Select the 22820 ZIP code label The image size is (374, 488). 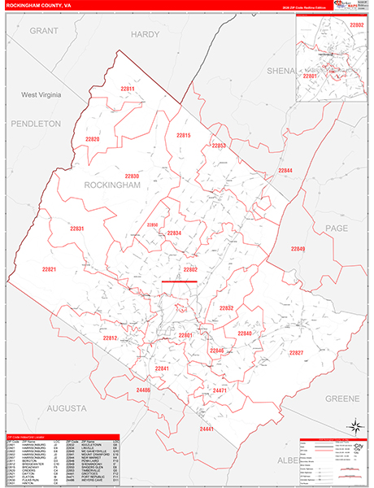tap(92, 139)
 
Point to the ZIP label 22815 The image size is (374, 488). tap(182, 135)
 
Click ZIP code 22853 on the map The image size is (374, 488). tap(218, 145)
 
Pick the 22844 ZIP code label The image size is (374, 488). tap(285, 170)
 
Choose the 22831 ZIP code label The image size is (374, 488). tap(77, 229)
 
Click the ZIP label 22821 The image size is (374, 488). tap(50, 268)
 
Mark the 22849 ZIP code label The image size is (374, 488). tap(298, 248)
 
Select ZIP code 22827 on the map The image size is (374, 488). tap(296, 352)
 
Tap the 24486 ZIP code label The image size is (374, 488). tap(144, 390)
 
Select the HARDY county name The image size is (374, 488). tap(146, 34)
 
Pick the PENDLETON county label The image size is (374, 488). tap(36, 124)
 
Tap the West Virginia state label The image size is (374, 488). tap(41, 95)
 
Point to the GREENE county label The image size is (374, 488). tap(341, 399)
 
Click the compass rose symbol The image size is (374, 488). tap(354, 425)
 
